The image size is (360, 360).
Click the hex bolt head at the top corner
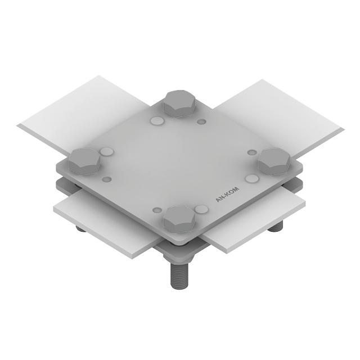[179, 103]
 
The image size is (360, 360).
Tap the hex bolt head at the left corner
[85, 161]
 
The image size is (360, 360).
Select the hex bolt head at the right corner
[274, 161]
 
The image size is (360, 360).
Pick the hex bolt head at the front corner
[179, 219]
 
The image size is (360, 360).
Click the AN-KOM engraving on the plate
[227, 195]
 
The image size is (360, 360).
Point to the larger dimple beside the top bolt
[157, 120]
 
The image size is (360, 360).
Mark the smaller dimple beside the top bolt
[201, 121]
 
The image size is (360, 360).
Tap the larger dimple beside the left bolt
[107, 151]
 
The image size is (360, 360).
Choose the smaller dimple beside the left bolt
[106, 179]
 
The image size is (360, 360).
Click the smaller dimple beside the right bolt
[253, 152]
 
